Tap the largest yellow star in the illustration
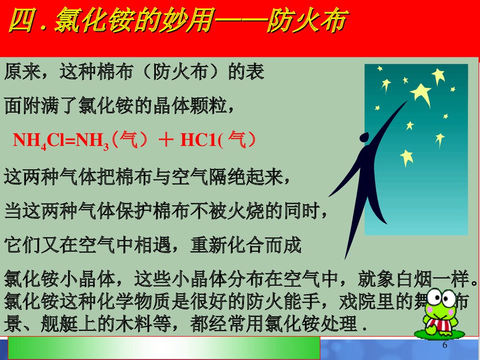pos(420,92)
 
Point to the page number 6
pos(444,346)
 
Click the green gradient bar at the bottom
pos(163,348)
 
